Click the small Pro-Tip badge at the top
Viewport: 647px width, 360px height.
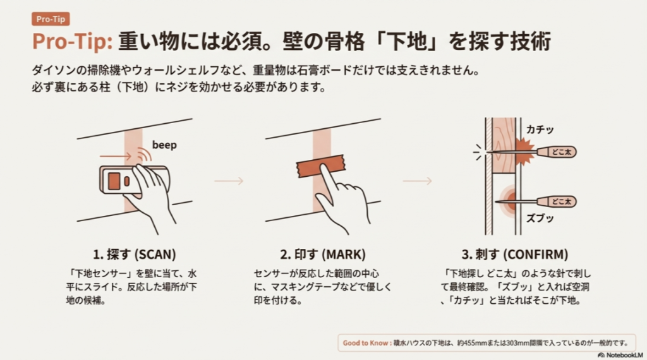click(51, 19)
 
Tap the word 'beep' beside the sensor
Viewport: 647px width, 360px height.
click(164, 145)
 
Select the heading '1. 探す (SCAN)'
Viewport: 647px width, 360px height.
click(134, 255)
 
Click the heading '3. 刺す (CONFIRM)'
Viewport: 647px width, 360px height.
click(514, 255)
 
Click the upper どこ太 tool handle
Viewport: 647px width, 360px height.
click(559, 152)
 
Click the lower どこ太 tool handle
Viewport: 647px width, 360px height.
click(559, 202)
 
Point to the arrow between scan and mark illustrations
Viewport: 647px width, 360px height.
click(229, 181)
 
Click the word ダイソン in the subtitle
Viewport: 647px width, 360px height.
click(52, 68)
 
